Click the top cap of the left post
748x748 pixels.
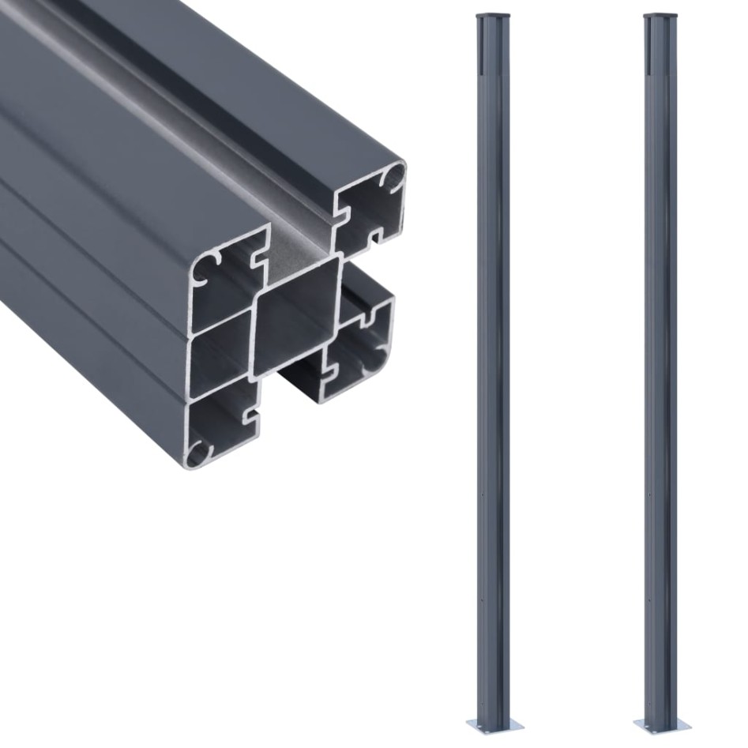(x=493, y=17)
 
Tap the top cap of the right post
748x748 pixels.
(x=660, y=17)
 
